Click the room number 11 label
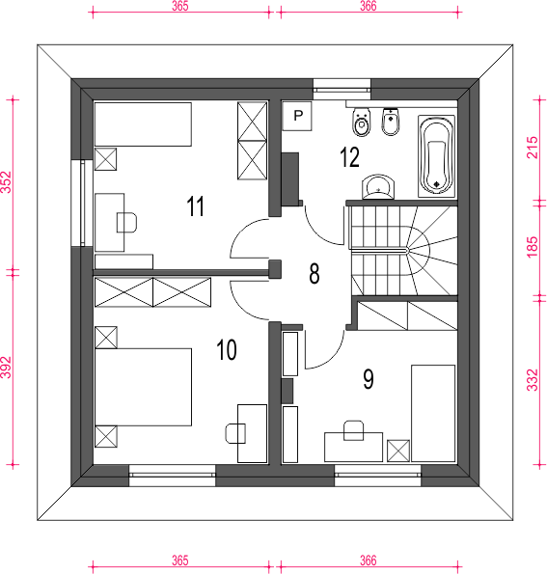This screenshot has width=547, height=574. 196,206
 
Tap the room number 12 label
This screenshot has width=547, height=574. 349,157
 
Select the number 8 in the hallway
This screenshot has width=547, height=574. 315,273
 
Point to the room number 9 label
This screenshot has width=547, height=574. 369,379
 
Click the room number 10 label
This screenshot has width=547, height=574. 227,349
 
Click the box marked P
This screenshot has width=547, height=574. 297,116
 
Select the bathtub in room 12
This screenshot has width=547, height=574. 436,156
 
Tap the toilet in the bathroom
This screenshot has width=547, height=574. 362,123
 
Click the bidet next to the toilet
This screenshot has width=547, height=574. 391,122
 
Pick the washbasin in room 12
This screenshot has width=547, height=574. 378,187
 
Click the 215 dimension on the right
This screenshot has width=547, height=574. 533,148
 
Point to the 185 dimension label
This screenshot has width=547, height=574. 533,247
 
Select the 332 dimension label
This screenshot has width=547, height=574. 533,380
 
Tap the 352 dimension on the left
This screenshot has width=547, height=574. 7,182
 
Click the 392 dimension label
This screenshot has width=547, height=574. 7,368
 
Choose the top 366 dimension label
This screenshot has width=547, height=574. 368,6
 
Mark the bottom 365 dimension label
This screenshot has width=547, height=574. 180,560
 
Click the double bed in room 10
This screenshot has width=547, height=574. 143,387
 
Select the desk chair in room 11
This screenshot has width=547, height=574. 126,223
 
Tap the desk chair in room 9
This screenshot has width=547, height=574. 353,430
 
